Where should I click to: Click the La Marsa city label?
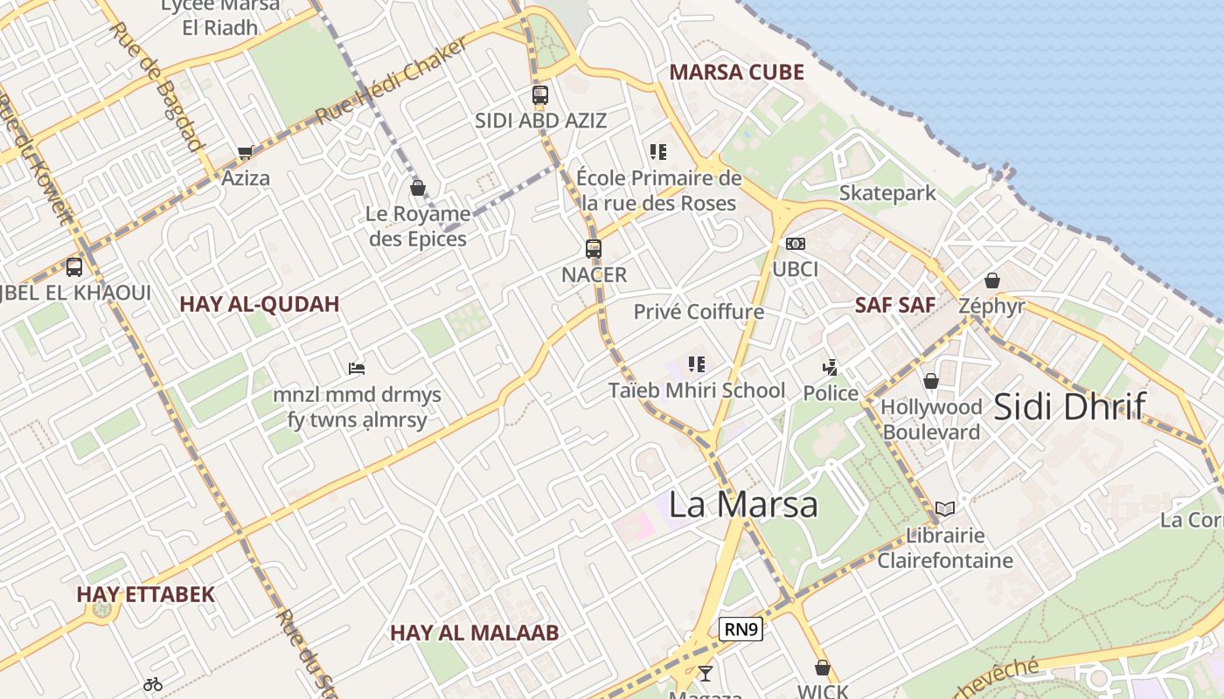[743, 504]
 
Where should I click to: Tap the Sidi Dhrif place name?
[1070, 406]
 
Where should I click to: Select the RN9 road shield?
[741, 629]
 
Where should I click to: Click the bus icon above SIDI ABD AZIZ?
[540, 95]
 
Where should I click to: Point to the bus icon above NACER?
[594, 249]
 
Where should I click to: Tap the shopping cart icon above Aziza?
[245, 153]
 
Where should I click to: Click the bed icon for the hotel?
[357, 369]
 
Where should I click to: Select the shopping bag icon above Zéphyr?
[992, 280]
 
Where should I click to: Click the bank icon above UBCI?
[795, 244]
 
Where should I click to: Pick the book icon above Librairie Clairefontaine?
[944, 509]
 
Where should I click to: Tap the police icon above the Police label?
[831, 368]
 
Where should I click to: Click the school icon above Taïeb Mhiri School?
[696, 364]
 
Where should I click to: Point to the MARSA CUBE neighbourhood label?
[736, 73]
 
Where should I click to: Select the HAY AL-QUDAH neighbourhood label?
[259, 304]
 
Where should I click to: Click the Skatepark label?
[887, 193]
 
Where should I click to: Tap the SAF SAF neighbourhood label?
[894, 305]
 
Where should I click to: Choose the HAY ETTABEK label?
[145, 594]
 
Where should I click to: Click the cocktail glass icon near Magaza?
[705, 673]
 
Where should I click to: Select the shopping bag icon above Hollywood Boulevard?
[931, 381]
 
